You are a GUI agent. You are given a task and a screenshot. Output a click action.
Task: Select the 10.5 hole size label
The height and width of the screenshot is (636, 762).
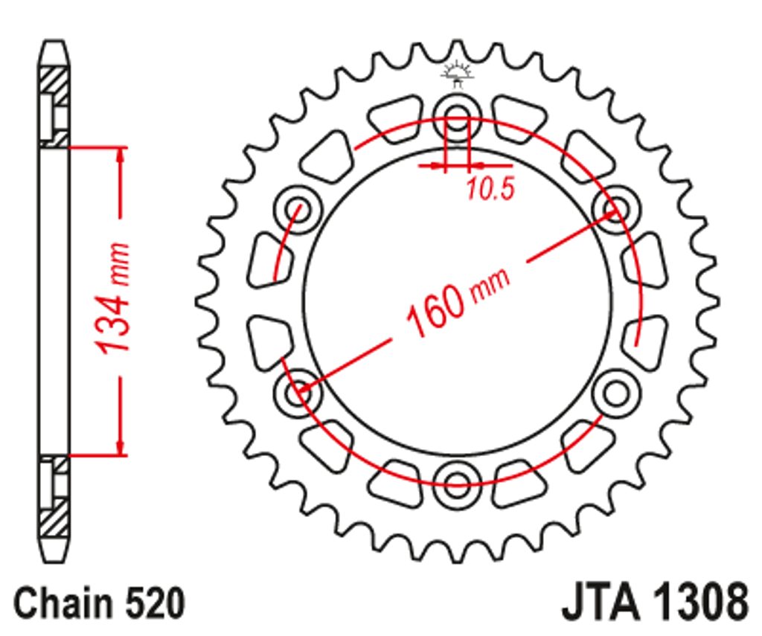tap(490, 188)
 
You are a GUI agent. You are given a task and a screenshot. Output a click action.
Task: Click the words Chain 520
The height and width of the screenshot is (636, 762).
tap(100, 603)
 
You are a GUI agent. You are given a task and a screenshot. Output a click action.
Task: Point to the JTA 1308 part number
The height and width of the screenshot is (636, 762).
tap(655, 603)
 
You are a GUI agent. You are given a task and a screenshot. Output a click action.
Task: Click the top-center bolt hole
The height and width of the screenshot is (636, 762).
tap(458, 118)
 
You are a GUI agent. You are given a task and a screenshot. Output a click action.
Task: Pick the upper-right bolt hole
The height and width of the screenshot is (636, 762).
tap(617, 210)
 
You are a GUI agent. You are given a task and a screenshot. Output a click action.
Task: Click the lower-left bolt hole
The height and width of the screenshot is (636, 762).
tap(298, 392)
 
